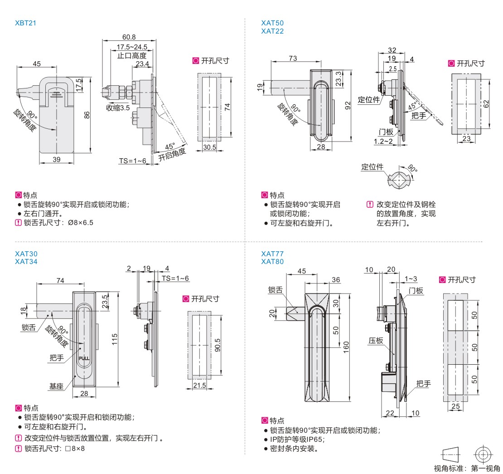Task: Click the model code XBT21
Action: pyautogui.click(x=25, y=22)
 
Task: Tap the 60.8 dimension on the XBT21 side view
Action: pyautogui.click(x=129, y=37)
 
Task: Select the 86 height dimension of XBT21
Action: pyautogui.click(x=88, y=115)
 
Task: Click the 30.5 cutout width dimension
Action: pyautogui.click(x=209, y=147)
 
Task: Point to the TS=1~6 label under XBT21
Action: pyautogui.click(x=132, y=161)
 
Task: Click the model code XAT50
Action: pyautogui.click(x=272, y=23)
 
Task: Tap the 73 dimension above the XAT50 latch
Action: pyautogui.click(x=293, y=58)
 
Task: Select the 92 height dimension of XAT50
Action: pyautogui.click(x=348, y=105)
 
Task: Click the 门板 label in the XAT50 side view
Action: pyautogui.click(x=386, y=132)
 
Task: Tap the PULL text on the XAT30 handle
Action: pyautogui.click(x=85, y=358)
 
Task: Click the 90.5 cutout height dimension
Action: pyautogui.click(x=218, y=345)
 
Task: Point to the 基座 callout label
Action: pyautogui.click(x=57, y=386)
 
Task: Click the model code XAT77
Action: pyautogui.click(x=272, y=254)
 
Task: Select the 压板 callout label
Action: pyautogui.click(x=376, y=341)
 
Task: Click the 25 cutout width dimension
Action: pyautogui.click(x=455, y=406)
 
